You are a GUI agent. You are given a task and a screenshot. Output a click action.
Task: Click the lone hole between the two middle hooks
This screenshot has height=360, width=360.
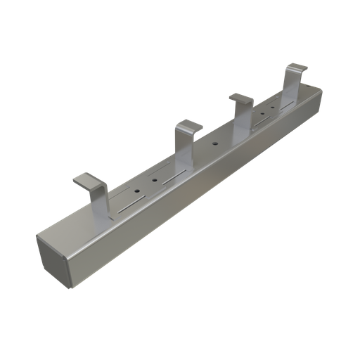point(214,144)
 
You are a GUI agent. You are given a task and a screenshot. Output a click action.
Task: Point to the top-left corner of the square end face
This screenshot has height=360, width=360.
point(39,237)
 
